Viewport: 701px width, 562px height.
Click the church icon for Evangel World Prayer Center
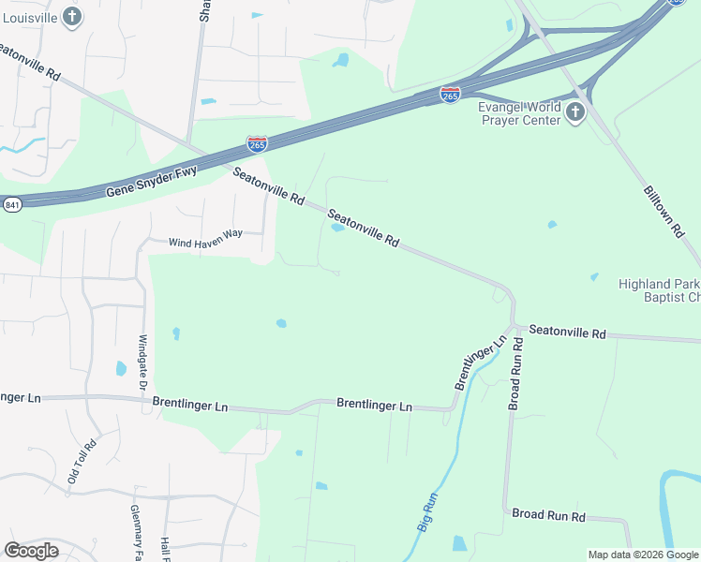pos(574,113)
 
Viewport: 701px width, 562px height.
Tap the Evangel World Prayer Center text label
pos(519,114)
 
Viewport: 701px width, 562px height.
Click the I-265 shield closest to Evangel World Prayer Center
pos(450,95)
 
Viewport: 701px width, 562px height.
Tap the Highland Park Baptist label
pos(659,290)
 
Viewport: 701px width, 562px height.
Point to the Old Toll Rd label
pos(82,462)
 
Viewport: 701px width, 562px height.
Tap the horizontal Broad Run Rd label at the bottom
pos(548,516)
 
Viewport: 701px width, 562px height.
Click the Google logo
pos(31,551)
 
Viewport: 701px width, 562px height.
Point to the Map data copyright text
pos(643,555)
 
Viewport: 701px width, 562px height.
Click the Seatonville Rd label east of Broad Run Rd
pos(567,332)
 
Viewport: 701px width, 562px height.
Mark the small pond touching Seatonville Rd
pos(336,227)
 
